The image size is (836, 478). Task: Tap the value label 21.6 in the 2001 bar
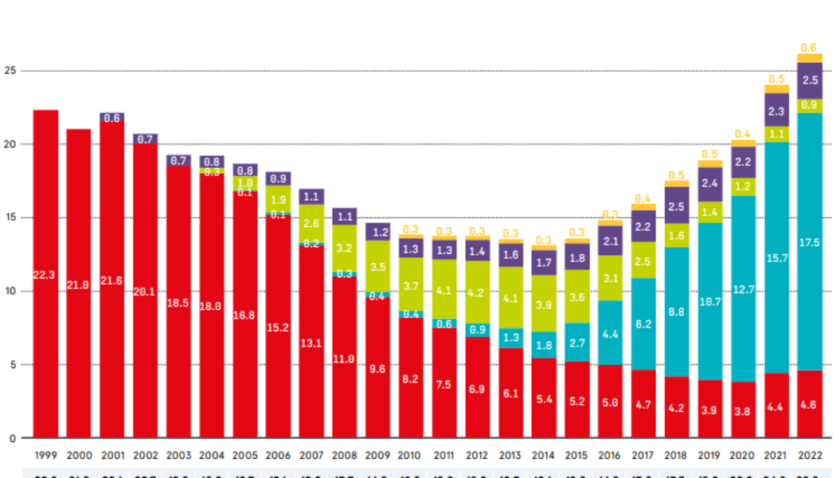111,281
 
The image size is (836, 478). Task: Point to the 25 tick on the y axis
10,71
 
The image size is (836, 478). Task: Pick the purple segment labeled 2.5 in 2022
810,80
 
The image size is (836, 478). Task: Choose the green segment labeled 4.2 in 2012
478,292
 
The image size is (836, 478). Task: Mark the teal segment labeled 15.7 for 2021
776,257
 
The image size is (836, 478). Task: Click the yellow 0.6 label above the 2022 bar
810,47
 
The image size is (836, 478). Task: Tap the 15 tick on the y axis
10,217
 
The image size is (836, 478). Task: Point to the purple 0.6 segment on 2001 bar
111,118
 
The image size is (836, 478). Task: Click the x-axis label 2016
611,455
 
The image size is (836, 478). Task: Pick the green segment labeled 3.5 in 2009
378,267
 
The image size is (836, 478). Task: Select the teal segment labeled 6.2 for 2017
644,323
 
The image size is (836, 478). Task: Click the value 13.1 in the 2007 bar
311,343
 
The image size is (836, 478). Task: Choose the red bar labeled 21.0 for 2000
78,283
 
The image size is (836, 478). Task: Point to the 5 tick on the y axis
10,365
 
